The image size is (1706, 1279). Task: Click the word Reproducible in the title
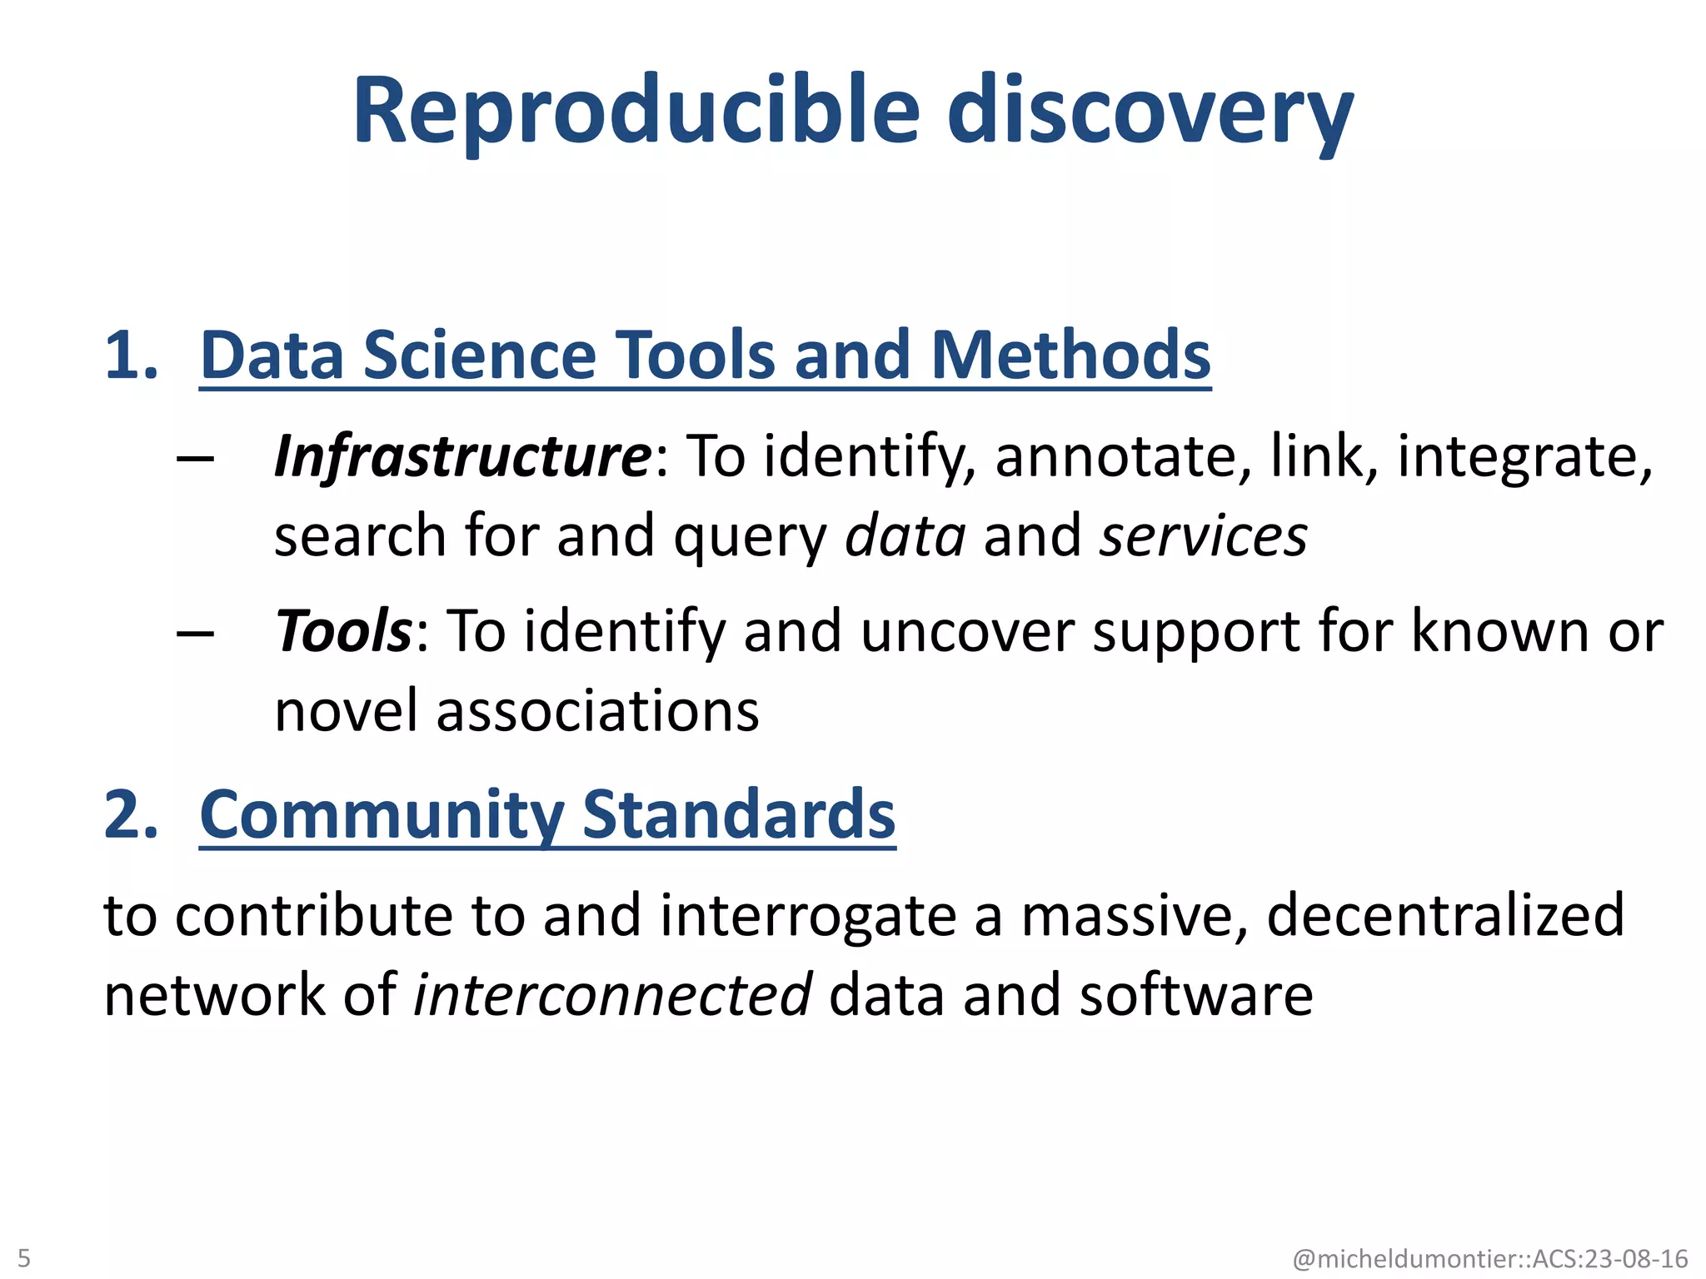coord(637,112)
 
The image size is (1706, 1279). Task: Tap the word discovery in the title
coord(1150,112)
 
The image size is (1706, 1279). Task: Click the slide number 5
coord(23,1257)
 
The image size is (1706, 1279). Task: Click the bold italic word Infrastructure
coord(463,457)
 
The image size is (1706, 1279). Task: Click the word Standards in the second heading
coord(739,815)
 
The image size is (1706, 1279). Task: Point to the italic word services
coord(1204,536)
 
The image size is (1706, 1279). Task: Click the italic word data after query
coord(905,536)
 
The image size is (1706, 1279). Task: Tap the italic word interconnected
coord(612,995)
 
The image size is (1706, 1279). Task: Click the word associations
coord(597,712)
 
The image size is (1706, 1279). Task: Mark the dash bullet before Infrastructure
coord(196,459)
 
